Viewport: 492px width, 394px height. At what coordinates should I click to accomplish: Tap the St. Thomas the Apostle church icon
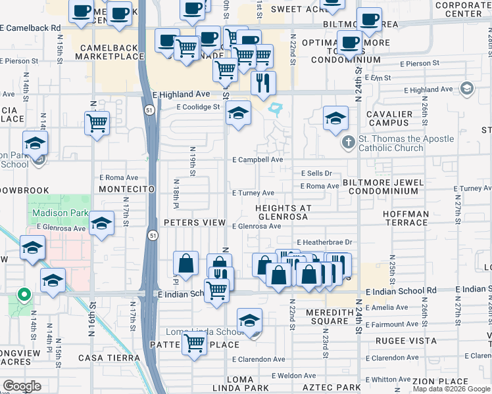349,142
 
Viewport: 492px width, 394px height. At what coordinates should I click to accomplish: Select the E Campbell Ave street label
257,160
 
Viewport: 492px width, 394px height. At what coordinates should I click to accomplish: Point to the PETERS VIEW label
195,223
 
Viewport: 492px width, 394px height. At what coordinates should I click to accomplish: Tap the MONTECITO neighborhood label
126,189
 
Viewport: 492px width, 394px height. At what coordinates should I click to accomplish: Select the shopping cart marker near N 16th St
97,122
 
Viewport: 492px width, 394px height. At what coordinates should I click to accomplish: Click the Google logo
21,386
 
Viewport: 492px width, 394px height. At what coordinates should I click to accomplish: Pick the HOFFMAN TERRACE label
405,219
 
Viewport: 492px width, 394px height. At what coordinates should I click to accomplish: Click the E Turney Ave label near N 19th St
253,193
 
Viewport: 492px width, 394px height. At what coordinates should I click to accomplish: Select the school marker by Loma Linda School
249,320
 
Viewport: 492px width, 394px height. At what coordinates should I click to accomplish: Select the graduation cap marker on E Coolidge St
238,113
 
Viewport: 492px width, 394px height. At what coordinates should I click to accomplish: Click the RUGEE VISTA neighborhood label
401,341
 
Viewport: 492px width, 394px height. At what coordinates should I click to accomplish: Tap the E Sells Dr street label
317,173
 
